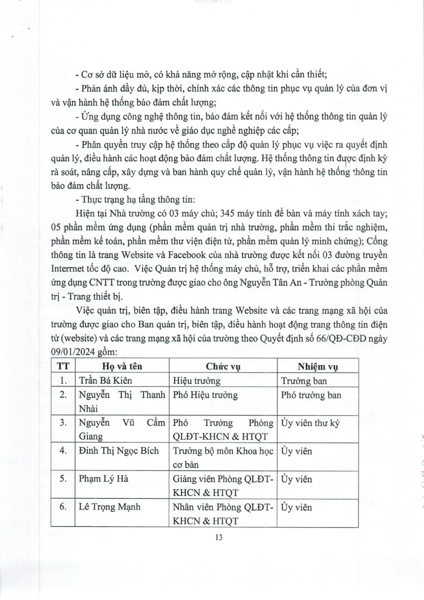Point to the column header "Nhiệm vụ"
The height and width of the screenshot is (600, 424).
click(x=317, y=365)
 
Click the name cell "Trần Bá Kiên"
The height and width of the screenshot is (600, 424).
click(x=101, y=380)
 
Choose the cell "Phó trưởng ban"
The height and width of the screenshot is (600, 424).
click(x=311, y=395)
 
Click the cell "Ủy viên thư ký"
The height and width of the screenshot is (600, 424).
click(x=310, y=423)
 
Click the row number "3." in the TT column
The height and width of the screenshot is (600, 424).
click(x=63, y=423)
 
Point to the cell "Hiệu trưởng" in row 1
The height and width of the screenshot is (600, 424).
click(x=196, y=380)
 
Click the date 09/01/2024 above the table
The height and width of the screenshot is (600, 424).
click(x=74, y=351)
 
